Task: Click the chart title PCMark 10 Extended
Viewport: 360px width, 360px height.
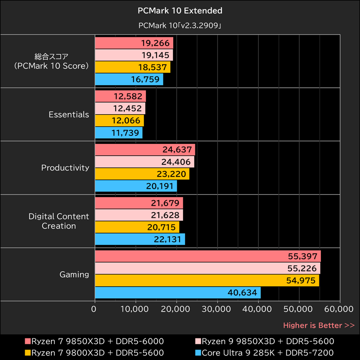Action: (x=180, y=10)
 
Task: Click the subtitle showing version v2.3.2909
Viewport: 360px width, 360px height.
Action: (x=180, y=26)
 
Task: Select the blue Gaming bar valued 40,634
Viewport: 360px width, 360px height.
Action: (x=178, y=293)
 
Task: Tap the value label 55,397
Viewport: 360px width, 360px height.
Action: (x=302, y=256)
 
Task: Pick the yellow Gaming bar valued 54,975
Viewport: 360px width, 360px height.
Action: (x=207, y=281)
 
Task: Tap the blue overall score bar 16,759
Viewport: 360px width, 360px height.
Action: (x=129, y=80)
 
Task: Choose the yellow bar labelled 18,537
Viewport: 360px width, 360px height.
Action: (x=133, y=67)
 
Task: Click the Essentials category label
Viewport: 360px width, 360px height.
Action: (x=69, y=115)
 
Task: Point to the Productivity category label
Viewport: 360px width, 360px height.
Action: (x=65, y=168)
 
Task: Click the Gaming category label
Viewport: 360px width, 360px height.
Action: (x=74, y=274)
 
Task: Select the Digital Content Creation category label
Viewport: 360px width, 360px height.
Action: (x=59, y=221)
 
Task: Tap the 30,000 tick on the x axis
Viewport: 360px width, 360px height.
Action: (x=217, y=309)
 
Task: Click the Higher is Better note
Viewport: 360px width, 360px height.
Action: (x=319, y=325)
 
